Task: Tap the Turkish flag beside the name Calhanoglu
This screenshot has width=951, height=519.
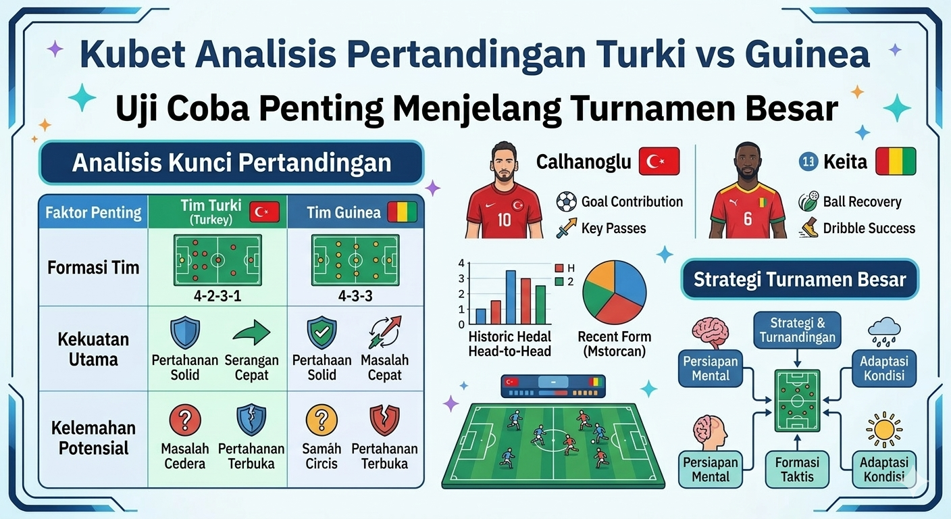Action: click(659, 162)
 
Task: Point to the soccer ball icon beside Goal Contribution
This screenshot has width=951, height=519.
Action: click(566, 201)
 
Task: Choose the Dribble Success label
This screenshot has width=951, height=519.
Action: click(869, 228)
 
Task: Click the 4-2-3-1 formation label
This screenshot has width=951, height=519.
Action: click(217, 295)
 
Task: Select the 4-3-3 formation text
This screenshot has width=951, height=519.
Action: click(354, 295)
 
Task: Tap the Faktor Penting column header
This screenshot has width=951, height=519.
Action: click(93, 214)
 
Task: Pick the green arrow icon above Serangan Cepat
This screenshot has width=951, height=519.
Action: click(251, 333)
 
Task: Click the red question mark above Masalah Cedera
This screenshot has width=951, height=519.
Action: click(184, 420)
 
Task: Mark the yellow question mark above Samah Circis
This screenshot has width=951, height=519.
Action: click(322, 420)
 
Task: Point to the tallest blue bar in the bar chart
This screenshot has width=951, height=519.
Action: click(511, 297)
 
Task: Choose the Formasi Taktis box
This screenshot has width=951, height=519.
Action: click(797, 469)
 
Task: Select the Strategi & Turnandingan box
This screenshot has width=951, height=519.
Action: click(797, 329)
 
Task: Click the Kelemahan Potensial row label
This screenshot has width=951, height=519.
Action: click(93, 438)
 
